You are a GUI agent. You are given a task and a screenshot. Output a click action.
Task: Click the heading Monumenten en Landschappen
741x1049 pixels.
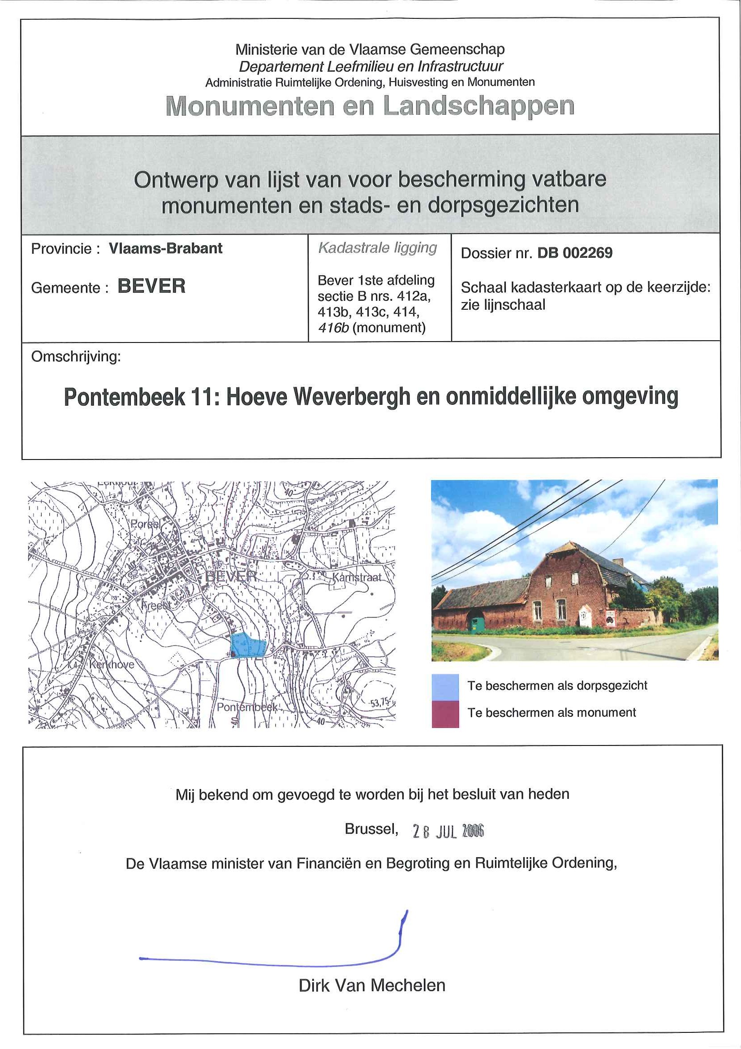pyautogui.click(x=370, y=106)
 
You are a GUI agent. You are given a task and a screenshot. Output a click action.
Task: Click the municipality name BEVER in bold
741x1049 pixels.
pyautogui.click(x=151, y=286)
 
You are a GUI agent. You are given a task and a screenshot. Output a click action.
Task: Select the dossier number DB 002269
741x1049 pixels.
pyautogui.click(x=575, y=253)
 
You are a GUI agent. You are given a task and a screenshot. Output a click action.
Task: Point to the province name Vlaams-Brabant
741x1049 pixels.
pyautogui.click(x=165, y=248)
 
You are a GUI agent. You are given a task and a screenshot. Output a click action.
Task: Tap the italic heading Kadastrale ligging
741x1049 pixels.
pyautogui.click(x=378, y=247)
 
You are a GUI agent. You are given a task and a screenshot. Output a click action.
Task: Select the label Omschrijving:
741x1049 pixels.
pyautogui.click(x=76, y=356)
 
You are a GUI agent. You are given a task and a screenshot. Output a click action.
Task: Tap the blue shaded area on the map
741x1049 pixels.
pyautogui.click(x=247, y=645)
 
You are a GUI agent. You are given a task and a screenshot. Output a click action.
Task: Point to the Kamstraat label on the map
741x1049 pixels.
pyautogui.click(x=357, y=577)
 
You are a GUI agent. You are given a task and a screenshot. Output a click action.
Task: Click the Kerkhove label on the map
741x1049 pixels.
pyautogui.click(x=112, y=664)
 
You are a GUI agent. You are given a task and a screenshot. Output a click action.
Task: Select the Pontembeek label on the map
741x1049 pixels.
pyautogui.click(x=247, y=707)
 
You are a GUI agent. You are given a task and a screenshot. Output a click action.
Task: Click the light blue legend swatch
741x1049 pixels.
pyautogui.click(x=445, y=687)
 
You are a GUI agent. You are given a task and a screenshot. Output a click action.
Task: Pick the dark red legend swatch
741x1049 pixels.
pyautogui.click(x=445, y=714)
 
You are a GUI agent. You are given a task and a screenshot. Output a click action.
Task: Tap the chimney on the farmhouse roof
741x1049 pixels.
pyautogui.click(x=618, y=562)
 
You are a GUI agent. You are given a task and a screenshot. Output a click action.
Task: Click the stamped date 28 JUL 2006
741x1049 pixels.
pyautogui.click(x=448, y=831)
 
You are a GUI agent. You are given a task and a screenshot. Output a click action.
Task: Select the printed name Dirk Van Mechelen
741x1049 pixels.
pyautogui.click(x=372, y=985)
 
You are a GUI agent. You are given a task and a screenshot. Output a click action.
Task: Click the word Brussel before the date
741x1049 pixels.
pyautogui.click(x=371, y=829)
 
